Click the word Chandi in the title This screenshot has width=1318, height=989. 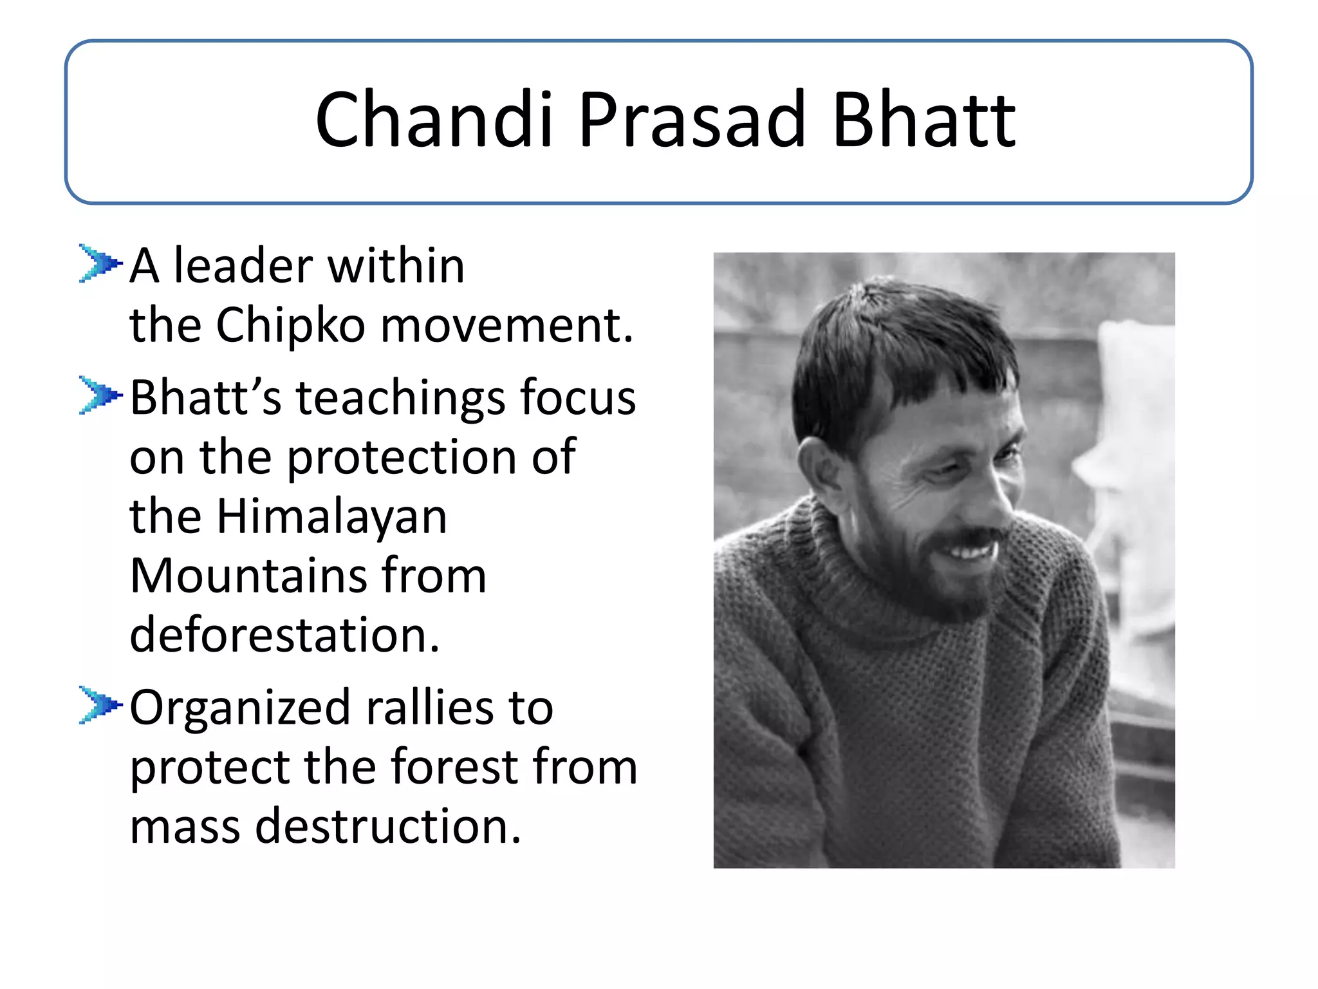point(434,120)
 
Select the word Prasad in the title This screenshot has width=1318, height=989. point(692,120)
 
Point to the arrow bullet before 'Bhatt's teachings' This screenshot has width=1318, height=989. point(100,395)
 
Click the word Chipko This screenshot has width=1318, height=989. point(290,326)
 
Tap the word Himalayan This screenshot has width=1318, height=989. point(331,516)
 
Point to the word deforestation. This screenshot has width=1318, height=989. point(284,635)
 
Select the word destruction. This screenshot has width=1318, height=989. point(387,826)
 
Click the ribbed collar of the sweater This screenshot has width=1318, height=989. point(856,579)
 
